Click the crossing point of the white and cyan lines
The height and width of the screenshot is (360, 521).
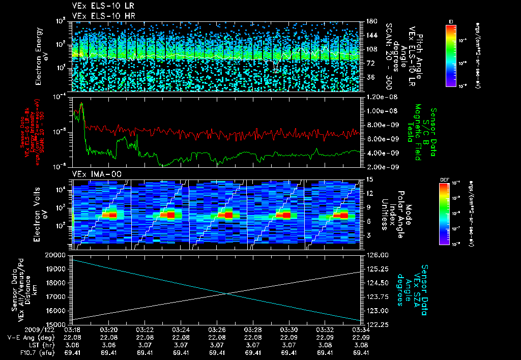225,293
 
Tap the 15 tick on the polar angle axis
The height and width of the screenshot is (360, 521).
368,179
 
